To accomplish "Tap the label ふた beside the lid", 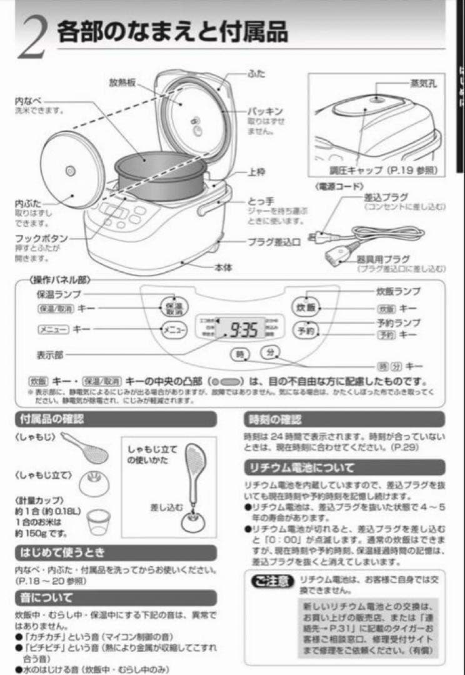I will click(x=256, y=73).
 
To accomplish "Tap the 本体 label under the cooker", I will click(x=223, y=267).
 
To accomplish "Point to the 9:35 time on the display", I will click(x=244, y=329).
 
